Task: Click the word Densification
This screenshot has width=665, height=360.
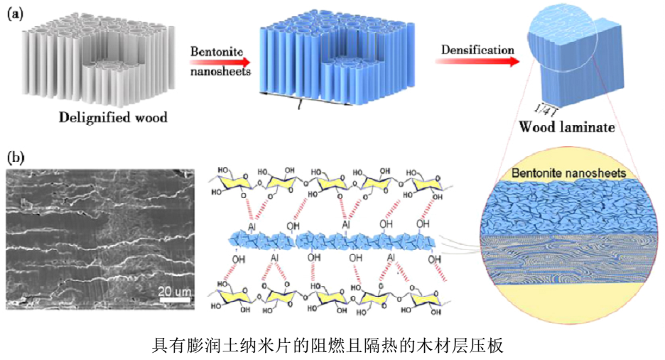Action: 477,50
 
